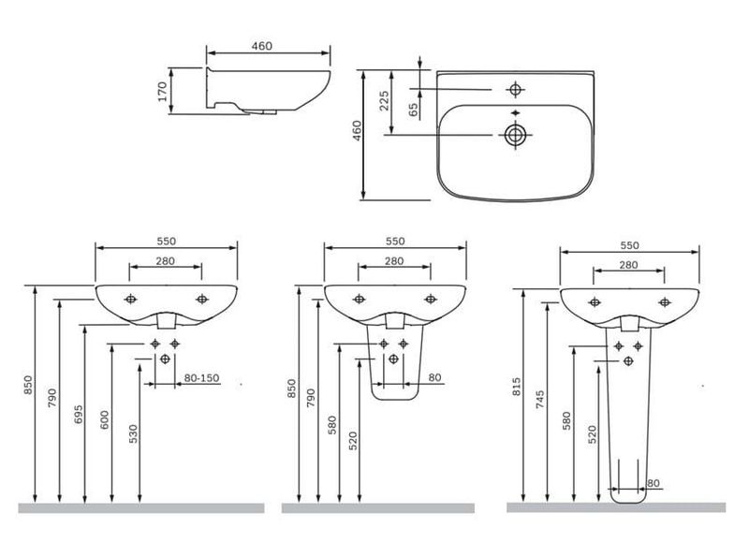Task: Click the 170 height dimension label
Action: tap(163, 91)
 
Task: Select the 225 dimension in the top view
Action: tap(385, 101)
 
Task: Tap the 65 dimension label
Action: tap(414, 110)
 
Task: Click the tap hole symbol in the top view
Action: tap(515, 89)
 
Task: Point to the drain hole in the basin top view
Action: tap(515, 135)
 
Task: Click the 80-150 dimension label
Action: tap(201, 378)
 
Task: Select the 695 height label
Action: tap(79, 414)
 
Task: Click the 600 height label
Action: tap(105, 420)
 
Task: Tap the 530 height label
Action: tap(133, 433)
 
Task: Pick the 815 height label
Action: tap(517, 387)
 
